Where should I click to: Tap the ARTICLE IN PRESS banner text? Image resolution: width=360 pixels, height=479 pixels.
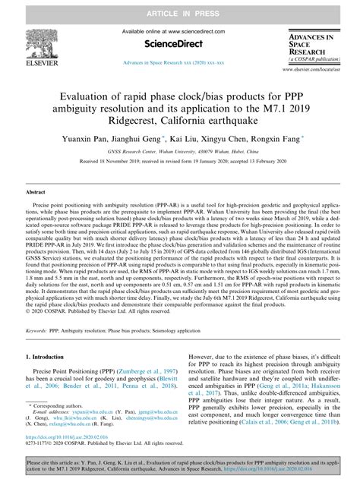click(179, 8)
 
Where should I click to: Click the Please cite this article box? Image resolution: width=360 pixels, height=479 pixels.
click(179, 464)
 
